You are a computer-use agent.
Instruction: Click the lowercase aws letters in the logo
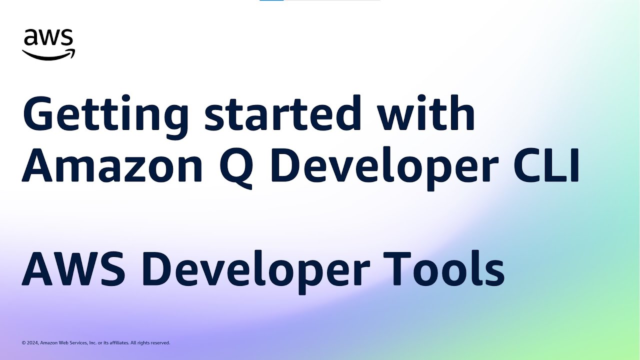point(48,38)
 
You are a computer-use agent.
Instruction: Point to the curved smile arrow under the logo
point(48,54)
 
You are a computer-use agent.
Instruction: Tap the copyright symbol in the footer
point(23,343)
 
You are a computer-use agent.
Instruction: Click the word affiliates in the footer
point(117,343)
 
